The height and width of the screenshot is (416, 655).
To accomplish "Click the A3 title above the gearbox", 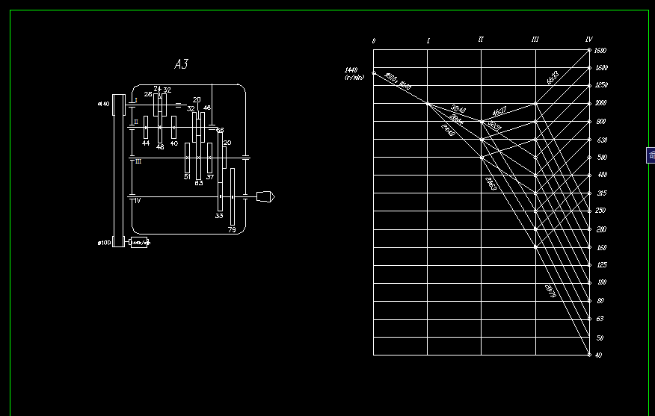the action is (181, 64).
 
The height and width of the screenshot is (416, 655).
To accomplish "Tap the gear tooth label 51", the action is (187, 177).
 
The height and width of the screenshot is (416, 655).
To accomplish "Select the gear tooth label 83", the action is (198, 182).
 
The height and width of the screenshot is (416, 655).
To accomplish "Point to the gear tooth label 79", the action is (232, 230).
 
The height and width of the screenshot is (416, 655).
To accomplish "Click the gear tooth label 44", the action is (146, 143).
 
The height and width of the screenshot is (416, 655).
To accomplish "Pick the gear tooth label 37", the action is (210, 177).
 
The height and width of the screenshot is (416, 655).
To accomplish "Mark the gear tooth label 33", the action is (219, 215).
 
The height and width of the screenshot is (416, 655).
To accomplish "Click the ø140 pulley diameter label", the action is (103, 104).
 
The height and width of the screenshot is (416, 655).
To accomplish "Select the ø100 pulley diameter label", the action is (103, 243).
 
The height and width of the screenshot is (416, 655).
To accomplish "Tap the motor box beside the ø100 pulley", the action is (140, 242).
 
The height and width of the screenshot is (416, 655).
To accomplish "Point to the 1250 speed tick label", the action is (601, 86).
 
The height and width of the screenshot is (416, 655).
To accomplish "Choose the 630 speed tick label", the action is (601, 140).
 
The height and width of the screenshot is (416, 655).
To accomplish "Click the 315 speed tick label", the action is (601, 193).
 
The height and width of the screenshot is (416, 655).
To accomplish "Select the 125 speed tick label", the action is (601, 265).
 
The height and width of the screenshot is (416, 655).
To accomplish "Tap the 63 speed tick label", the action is (599, 319).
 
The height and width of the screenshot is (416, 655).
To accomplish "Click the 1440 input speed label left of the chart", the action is (351, 70).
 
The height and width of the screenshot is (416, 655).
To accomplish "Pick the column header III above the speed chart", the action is (535, 40).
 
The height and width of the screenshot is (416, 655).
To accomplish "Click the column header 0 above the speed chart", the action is (373, 40).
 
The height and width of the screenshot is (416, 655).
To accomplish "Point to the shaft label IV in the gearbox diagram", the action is (136, 200).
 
